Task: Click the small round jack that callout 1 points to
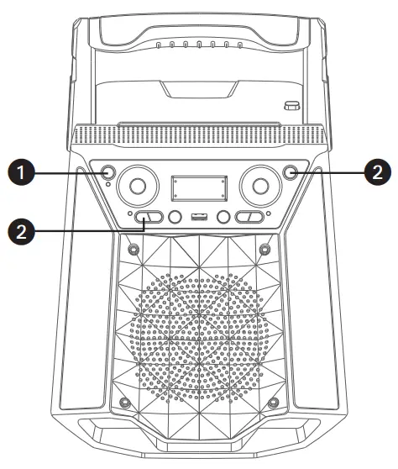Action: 108,173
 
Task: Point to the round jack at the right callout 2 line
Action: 291,173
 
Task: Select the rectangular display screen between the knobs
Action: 199,188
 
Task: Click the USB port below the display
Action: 199,219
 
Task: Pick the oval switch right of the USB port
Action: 249,219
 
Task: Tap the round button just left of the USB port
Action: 175,219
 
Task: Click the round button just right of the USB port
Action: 224,219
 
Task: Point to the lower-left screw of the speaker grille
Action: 124,401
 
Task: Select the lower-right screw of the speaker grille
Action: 274,401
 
